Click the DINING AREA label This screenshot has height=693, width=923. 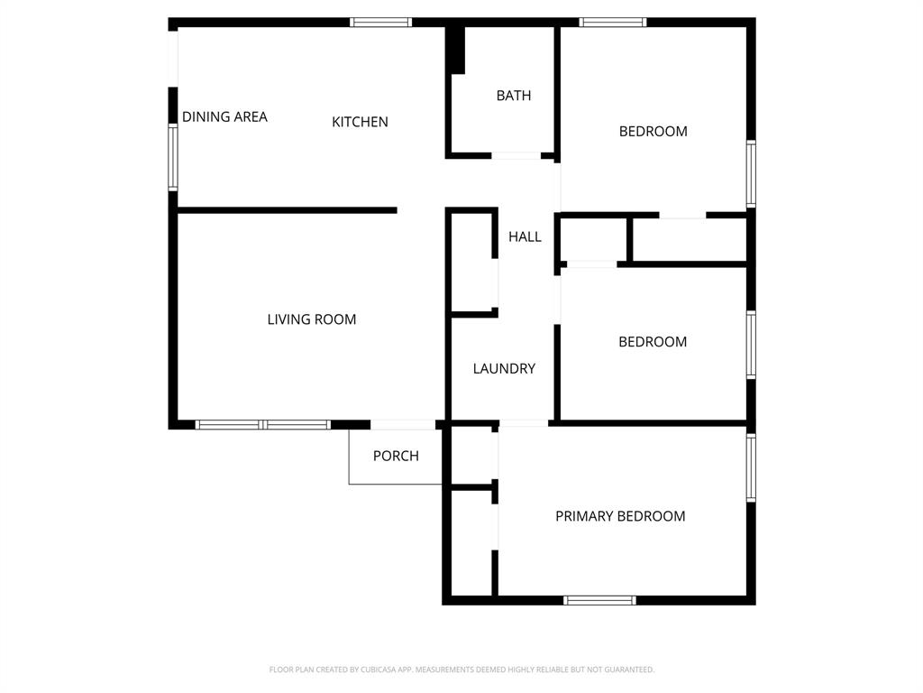pyautogui.click(x=224, y=116)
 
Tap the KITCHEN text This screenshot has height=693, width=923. pyautogui.click(x=360, y=122)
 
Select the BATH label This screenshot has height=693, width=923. pyautogui.click(x=514, y=96)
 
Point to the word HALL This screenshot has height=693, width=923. pyautogui.click(x=525, y=236)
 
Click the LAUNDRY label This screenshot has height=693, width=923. pyautogui.click(x=504, y=368)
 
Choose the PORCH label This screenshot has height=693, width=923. pyautogui.click(x=396, y=456)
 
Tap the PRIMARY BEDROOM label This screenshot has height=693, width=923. pyautogui.click(x=620, y=516)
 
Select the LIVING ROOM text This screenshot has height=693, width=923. pyautogui.click(x=311, y=319)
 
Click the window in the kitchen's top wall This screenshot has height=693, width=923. pyautogui.click(x=380, y=23)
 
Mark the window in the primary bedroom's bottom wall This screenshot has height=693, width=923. pyautogui.click(x=599, y=600)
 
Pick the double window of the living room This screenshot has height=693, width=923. pyautogui.click(x=263, y=424)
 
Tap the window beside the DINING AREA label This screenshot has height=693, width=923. pyautogui.click(x=173, y=157)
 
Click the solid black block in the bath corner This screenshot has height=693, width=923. pyautogui.click(x=456, y=51)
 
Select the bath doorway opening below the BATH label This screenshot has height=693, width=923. pyautogui.click(x=516, y=156)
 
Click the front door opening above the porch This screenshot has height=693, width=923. pyautogui.click(x=403, y=424)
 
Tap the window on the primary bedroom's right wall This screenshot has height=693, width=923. pyautogui.click(x=751, y=467)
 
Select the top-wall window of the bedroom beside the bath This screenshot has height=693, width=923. pyautogui.click(x=613, y=23)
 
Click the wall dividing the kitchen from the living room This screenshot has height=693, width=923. pyautogui.click(x=287, y=210)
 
